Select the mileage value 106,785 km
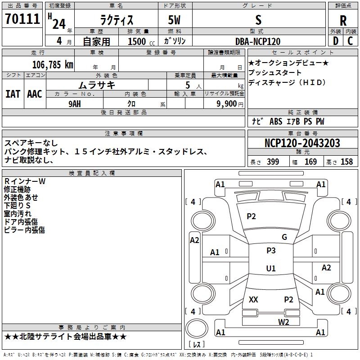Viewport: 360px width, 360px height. [53, 64]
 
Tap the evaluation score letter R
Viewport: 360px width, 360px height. [343, 20]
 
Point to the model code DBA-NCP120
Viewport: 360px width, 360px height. [258, 41]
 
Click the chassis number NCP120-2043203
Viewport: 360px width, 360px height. [302, 143]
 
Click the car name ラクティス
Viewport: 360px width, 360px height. [116, 20]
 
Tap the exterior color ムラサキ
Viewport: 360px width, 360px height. [97, 85]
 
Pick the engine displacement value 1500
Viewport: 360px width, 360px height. [137, 41]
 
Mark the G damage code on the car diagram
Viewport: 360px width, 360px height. [284, 237]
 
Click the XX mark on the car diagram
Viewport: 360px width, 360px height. [253, 300]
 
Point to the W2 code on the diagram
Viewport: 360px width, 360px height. [283, 322]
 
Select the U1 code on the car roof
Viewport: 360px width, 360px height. [271, 269]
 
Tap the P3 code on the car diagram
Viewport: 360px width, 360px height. [271, 251]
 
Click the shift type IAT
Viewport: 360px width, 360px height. [13, 94]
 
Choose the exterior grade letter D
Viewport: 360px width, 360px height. [335, 41]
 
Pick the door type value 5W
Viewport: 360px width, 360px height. [175, 20]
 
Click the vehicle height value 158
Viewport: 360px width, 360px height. [346, 162]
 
